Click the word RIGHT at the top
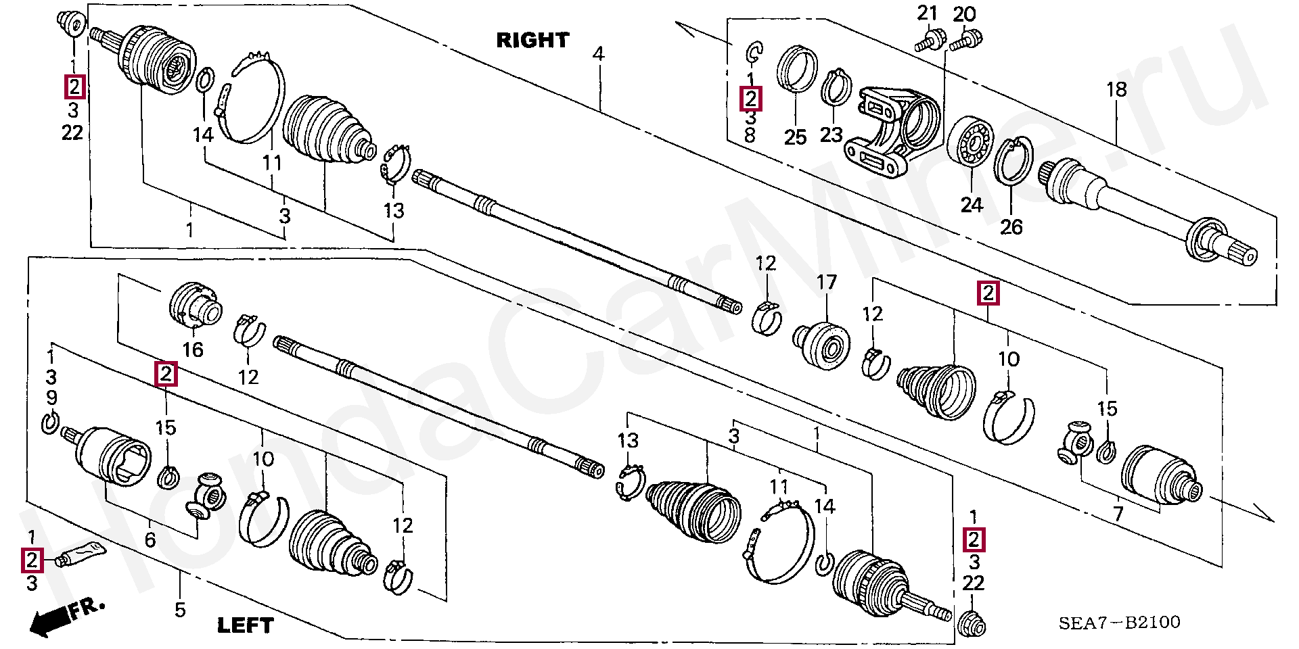[x=532, y=41]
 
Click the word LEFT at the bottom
[x=245, y=625]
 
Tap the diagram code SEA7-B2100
[x=1119, y=622]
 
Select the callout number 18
[x=1116, y=89]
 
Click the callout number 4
[x=598, y=54]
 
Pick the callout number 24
[x=972, y=204]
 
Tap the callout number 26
[x=1011, y=227]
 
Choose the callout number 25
[x=795, y=137]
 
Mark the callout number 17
[x=826, y=282]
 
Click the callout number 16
[x=193, y=350]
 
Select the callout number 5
[x=180, y=610]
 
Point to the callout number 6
[x=150, y=539]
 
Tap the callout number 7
[x=1118, y=514]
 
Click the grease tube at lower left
[x=81, y=554]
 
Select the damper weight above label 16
[x=195, y=306]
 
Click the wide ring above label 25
[x=796, y=69]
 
